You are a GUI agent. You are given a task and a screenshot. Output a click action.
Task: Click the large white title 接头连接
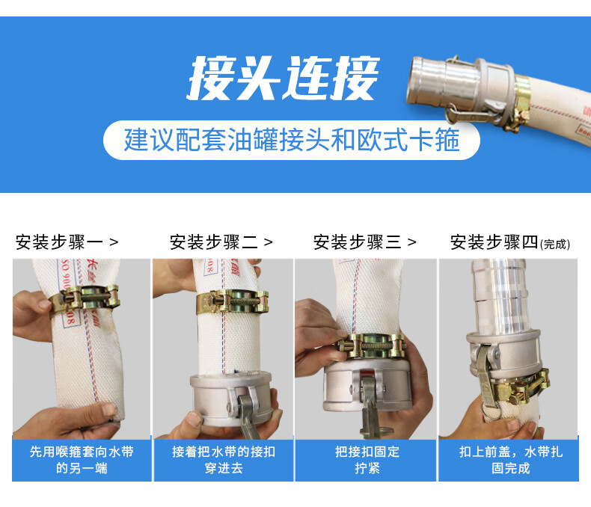[x=283, y=79]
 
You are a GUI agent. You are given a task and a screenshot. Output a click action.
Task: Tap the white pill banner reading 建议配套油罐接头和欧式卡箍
[x=291, y=140]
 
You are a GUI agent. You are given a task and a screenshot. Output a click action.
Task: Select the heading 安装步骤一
[x=59, y=242]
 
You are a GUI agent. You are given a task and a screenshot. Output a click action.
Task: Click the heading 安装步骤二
[x=214, y=242]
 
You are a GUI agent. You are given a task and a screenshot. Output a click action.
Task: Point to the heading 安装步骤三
[x=358, y=242]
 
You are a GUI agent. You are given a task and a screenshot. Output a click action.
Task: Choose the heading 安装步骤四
[x=494, y=242]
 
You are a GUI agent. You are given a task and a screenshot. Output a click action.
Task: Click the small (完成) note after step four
[x=555, y=245]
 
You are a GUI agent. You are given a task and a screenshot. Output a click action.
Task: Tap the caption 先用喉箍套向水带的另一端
[x=82, y=460]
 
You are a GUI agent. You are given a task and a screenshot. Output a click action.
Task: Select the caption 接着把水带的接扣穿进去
[x=224, y=460]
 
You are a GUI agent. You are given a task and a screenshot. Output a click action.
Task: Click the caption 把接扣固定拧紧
[x=367, y=460]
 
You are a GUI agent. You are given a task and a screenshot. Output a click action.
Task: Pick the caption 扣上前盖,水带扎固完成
[x=511, y=460]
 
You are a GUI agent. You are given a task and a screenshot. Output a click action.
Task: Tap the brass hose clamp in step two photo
[x=233, y=301]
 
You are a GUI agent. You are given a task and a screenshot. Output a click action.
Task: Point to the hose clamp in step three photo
[x=371, y=345]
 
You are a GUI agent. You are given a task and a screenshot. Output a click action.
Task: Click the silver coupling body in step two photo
[x=230, y=399]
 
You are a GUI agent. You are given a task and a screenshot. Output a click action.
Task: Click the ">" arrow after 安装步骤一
[x=114, y=242]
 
